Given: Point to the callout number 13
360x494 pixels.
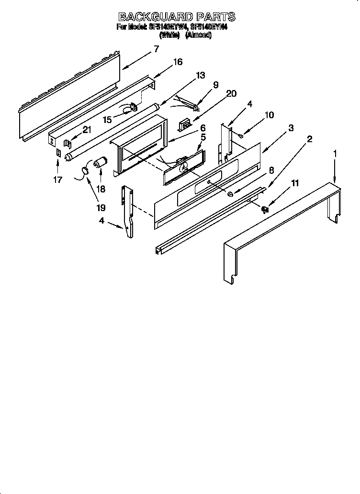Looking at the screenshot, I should [200, 75].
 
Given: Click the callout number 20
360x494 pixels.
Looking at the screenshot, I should [231, 94].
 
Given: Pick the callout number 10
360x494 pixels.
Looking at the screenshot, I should [269, 115].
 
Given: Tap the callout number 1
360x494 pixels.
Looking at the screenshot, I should [335, 154].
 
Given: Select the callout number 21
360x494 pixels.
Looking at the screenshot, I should [87, 129].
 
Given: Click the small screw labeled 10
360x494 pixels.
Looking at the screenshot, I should [241, 136].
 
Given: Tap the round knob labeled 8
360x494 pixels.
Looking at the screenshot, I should [230, 193].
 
